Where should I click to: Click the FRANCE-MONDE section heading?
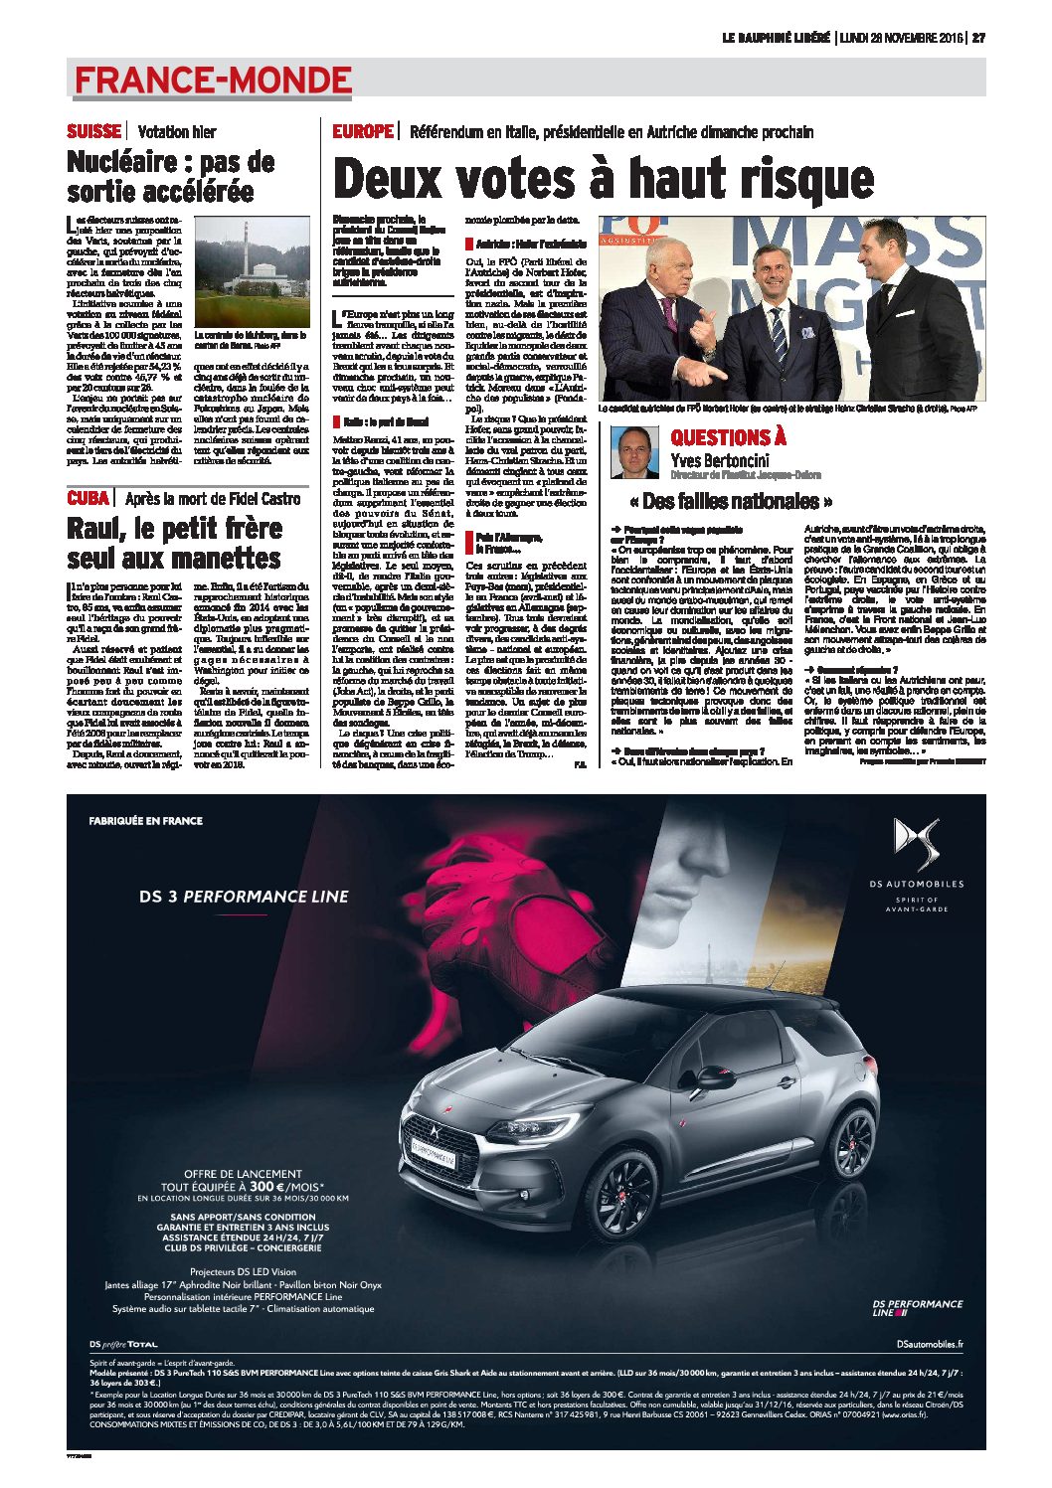(x=213, y=80)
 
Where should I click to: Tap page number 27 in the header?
(x=978, y=38)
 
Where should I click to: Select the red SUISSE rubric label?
(x=93, y=131)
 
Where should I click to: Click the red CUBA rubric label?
(x=88, y=498)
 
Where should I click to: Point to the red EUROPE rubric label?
(x=363, y=131)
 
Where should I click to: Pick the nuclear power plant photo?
(x=253, y=271)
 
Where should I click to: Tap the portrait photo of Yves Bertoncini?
(x=635, y=452)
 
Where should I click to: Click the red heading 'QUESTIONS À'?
(x=728, y=437)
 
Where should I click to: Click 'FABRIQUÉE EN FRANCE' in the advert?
(x=145, y=821)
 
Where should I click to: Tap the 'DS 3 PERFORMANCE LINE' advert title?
(x=244, y=897)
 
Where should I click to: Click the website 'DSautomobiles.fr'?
(x=929, y=1344)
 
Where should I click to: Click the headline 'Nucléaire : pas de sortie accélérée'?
(x=170, y=176)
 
